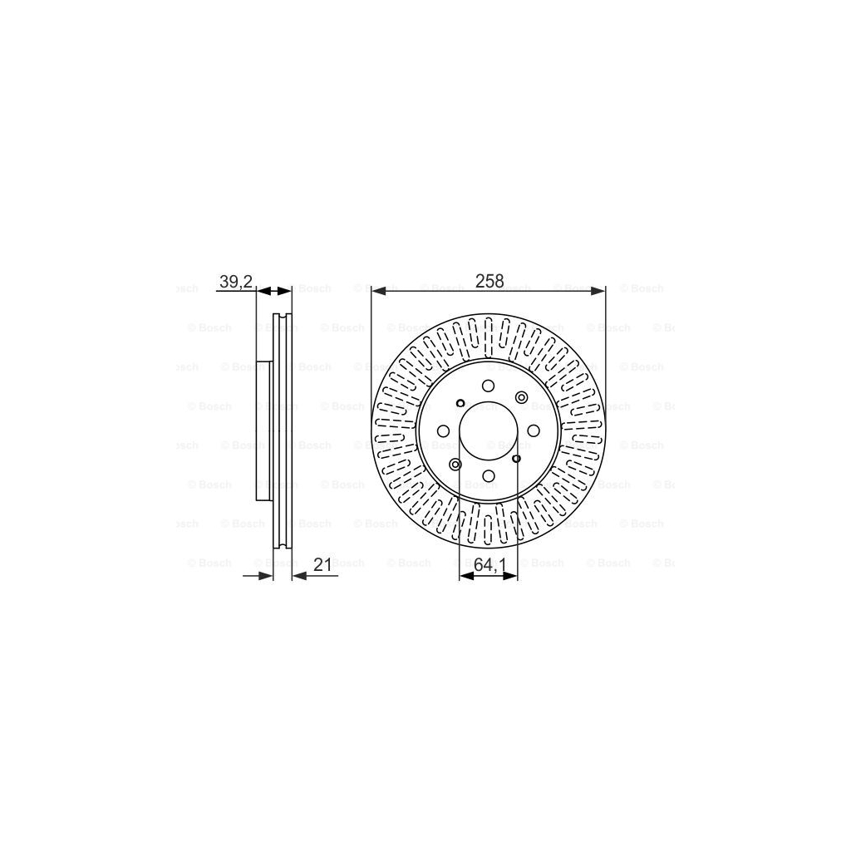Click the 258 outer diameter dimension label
point(489,282)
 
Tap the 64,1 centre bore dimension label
point(490,565)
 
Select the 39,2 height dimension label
point(235,282)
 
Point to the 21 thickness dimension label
point(323,565)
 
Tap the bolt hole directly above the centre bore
point(489,385)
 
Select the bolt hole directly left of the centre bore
point(443,430)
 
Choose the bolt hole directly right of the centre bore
point(534,430)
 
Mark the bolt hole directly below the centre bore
point(489,476)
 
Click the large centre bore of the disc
point(489,430)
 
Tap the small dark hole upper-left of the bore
point(460,404)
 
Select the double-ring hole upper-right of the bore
point(521,398)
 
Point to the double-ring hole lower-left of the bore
point(455,464)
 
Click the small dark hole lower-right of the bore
point(516,458)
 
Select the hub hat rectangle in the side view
point(264,430)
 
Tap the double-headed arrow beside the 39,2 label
point(274,292)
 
